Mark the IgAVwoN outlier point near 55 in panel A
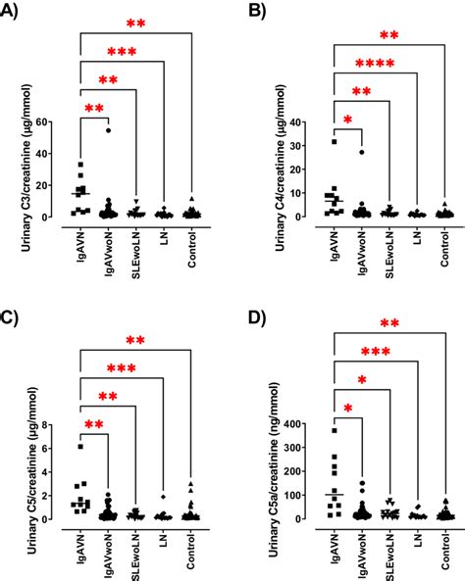109,130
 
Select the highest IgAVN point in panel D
335,431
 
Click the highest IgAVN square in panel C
81,447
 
